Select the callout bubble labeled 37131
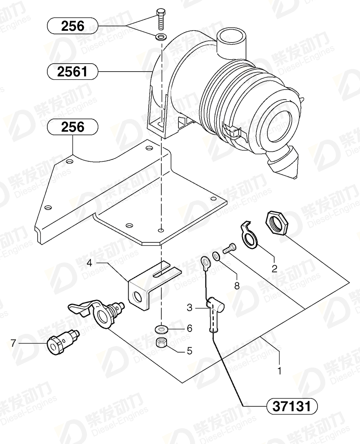pos(292,407)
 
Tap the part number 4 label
pos(89,263)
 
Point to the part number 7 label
pos(13,344)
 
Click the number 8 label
pos(237,285)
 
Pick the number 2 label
pos(274,268)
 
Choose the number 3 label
pos(189,308)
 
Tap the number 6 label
pos(189,328)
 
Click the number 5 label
pos(189,351)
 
